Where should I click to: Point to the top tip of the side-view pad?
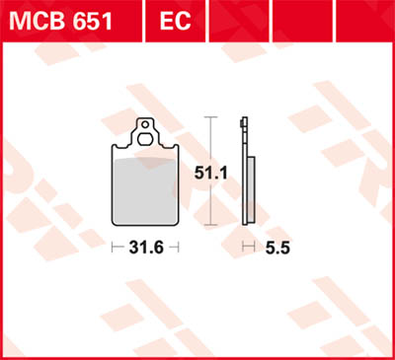coord(244,119)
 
